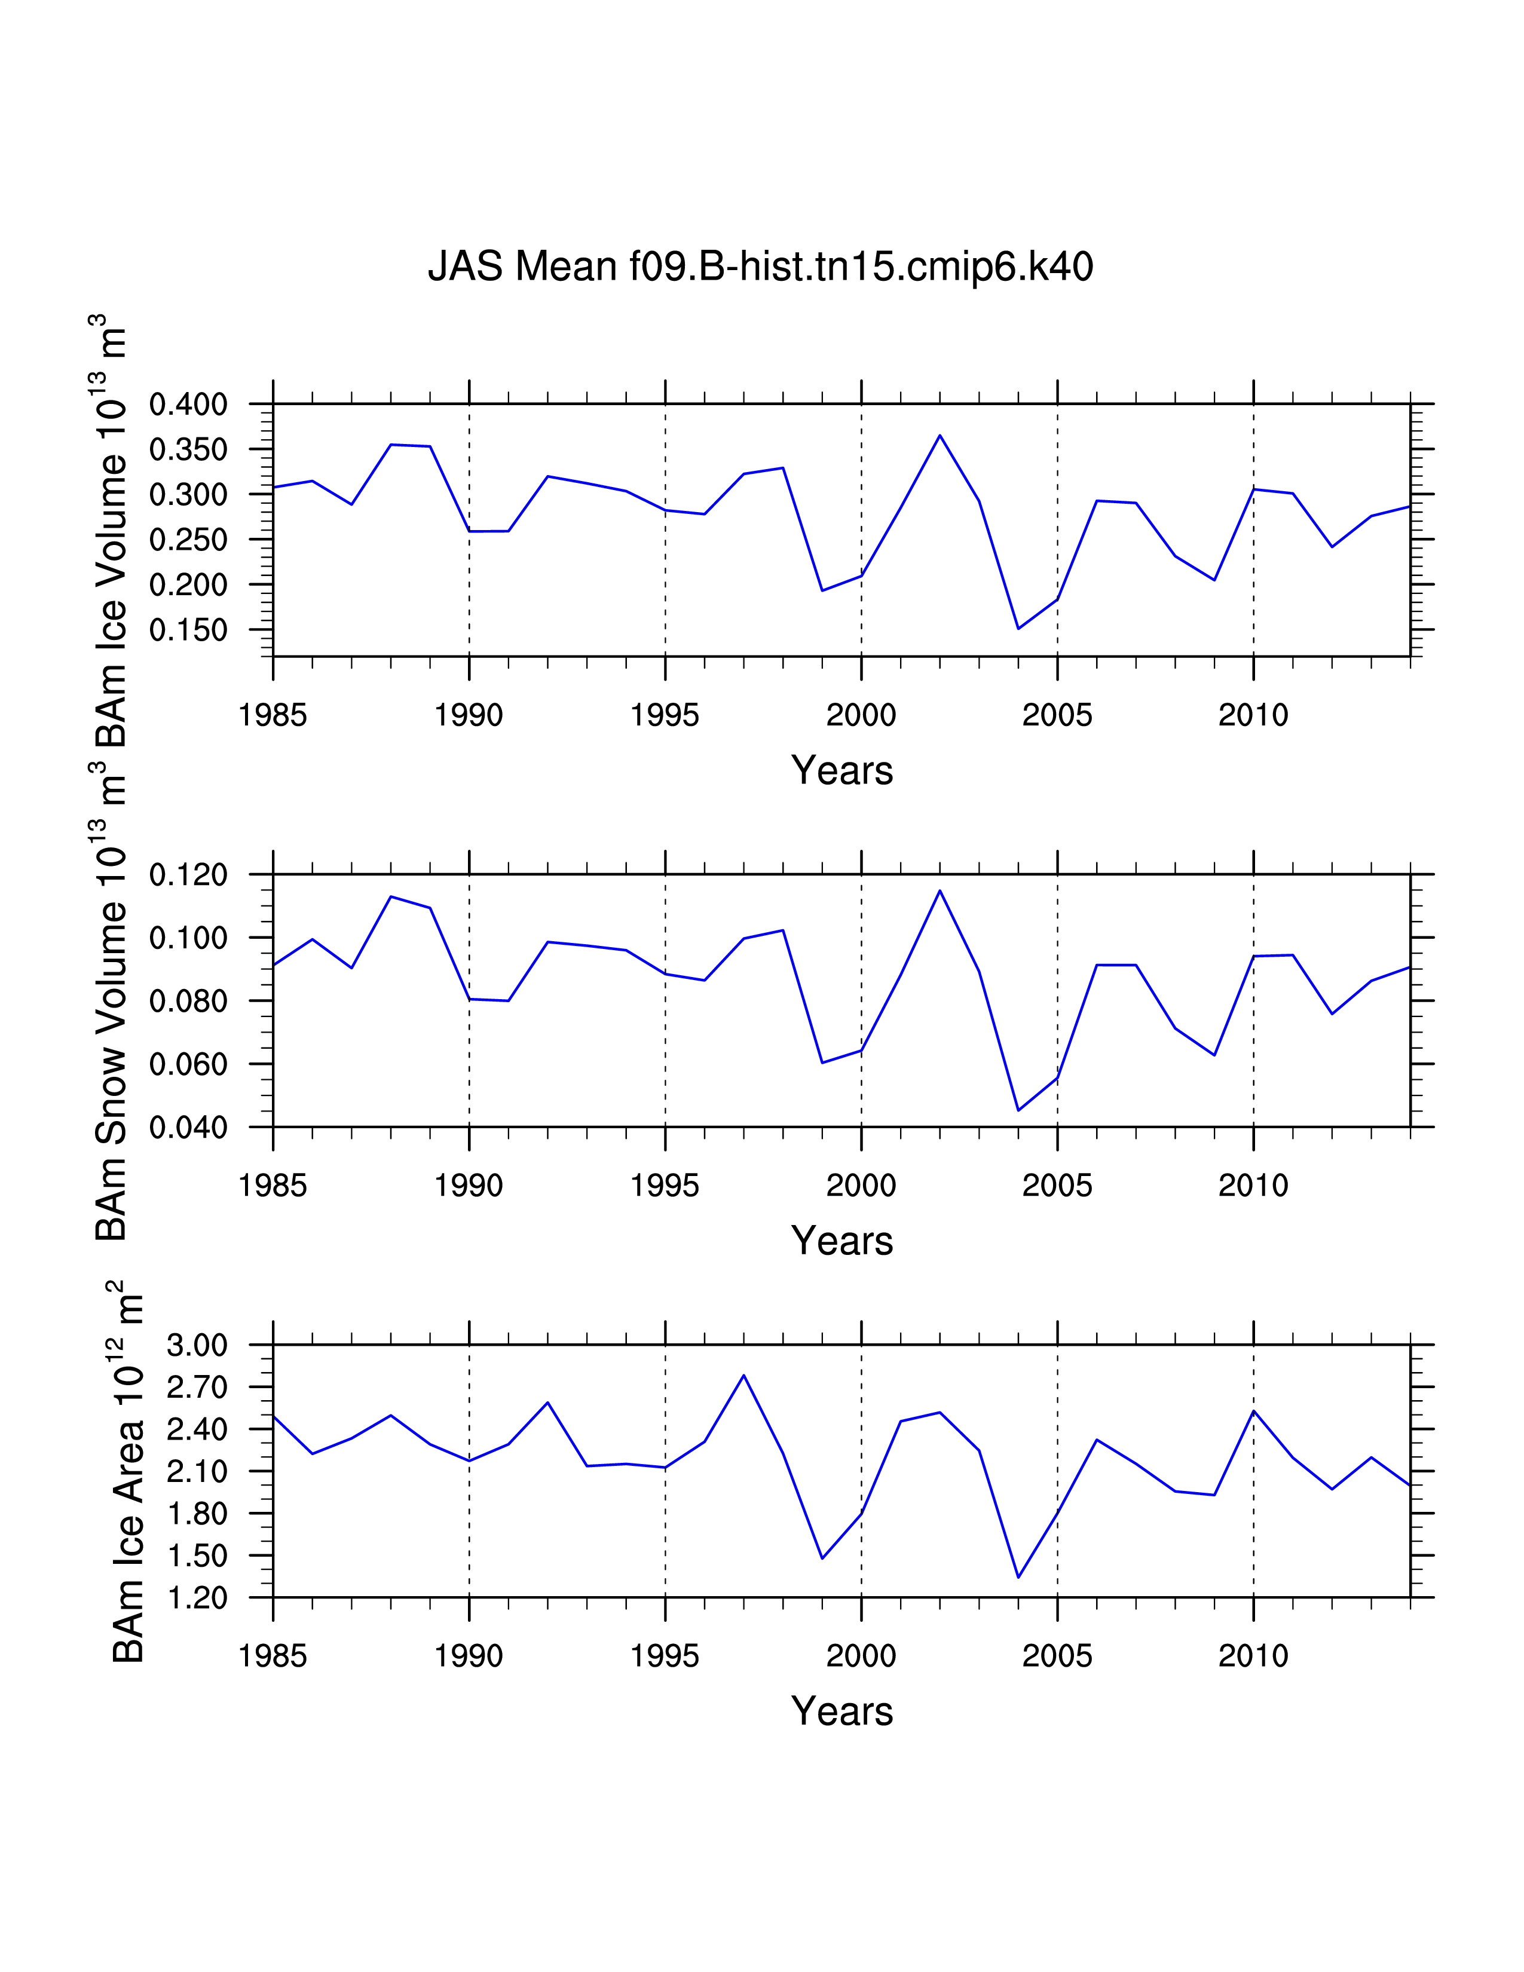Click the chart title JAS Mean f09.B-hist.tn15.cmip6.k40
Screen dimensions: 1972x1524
coord(760,267)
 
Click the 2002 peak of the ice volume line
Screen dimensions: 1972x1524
coord(940,436)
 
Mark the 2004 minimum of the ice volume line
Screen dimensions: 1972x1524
coord(1018,629)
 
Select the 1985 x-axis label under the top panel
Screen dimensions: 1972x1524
coord(273,715)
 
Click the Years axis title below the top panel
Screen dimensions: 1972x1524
coord(841,770)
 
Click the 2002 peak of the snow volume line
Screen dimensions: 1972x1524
coord(940,891)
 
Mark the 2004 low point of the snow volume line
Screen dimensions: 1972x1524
coord(1018,1110)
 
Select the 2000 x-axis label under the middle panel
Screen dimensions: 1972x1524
coord(861,1186)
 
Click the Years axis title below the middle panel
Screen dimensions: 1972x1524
coord(841,1241)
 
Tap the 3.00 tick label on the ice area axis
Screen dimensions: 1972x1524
coord(197,1345)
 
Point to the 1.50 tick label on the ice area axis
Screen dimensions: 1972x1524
coord(197,1555)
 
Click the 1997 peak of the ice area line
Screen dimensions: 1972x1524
coord(744,1375)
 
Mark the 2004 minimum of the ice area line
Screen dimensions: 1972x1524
coord(1018,1576)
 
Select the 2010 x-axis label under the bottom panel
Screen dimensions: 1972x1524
coord(1253,1656)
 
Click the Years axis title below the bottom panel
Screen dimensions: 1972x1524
coord(841,1711)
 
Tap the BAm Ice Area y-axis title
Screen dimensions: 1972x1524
coord(128,1472)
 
